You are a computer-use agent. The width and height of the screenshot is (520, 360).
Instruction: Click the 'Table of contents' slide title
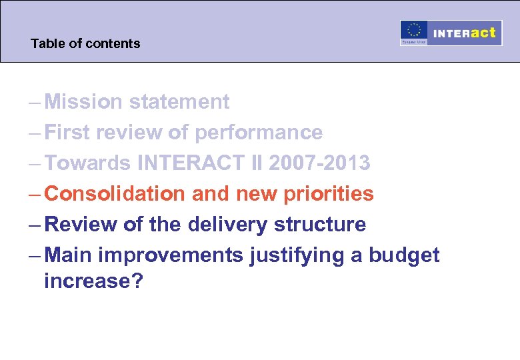click(85, 44)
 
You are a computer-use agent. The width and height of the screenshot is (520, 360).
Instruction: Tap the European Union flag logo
click(413, 33)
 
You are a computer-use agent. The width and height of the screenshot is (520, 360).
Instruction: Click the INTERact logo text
click(465, 33)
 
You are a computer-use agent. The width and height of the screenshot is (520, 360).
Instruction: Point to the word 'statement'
click(179, 102)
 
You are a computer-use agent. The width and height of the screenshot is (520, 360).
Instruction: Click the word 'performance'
click(259, 133)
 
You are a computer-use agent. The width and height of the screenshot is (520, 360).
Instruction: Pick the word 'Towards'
click(89, 163)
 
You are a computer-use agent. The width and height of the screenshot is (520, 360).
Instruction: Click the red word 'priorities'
click(329, 194)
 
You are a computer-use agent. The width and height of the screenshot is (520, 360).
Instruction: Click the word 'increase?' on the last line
click(93, 281)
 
